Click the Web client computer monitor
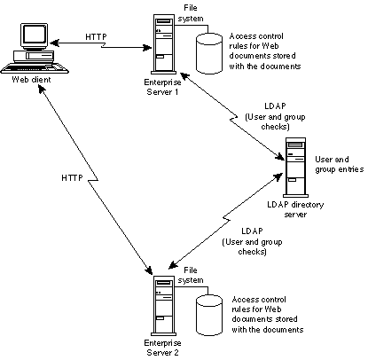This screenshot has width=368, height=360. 35,36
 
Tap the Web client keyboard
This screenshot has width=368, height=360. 35,69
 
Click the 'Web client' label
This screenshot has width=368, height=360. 31,80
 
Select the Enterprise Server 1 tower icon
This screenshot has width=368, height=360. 164,44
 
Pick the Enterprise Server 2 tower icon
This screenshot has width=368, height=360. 164,306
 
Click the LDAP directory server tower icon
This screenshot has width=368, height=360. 295,168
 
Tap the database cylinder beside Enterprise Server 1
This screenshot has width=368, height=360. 209,53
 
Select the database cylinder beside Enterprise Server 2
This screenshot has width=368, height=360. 209,315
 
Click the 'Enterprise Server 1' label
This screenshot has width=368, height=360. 162,87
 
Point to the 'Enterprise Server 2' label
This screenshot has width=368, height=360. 162,348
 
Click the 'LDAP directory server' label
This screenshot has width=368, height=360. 295,209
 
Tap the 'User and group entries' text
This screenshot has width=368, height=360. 340,164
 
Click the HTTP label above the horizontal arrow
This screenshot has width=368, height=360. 96,37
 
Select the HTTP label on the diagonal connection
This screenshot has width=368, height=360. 72,178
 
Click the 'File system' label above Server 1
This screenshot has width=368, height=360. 191,13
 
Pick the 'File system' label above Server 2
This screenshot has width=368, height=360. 191,275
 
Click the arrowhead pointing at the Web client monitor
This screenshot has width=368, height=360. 54,43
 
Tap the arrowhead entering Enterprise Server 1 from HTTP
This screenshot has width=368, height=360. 146,47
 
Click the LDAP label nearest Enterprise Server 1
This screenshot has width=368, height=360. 275,106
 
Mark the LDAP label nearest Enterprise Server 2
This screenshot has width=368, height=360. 252,231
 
